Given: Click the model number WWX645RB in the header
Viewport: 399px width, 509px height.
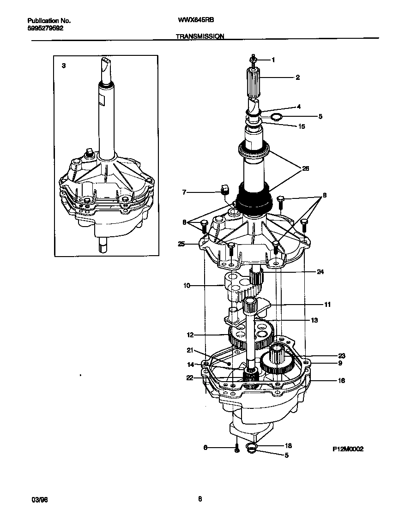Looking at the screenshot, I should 196,21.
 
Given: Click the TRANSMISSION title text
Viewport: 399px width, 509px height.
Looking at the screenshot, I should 200,36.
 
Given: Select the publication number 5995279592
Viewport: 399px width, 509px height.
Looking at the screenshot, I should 46,28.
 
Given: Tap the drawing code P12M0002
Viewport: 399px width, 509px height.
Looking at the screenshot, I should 348,449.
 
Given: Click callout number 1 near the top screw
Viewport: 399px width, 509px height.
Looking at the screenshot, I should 273,60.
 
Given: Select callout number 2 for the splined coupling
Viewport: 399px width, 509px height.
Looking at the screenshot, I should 297,78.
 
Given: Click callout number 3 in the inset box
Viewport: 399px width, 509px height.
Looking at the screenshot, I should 64,66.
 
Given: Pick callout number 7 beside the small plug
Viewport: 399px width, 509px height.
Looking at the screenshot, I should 184,192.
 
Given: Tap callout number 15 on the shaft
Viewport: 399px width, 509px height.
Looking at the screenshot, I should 302,126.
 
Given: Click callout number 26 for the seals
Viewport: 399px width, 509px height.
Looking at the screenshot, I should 305,169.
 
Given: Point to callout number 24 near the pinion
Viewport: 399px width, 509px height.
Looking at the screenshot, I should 320,272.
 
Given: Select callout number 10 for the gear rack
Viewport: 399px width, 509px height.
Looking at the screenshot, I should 187,286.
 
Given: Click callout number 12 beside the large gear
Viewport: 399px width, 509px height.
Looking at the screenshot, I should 190,335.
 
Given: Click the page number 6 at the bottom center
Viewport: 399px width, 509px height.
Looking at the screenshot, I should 200,499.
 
